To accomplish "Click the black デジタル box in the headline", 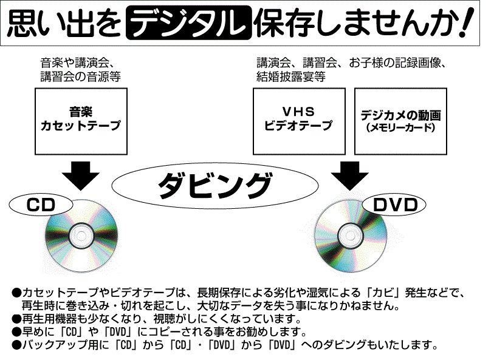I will pyautogui.click(x=188, y=24).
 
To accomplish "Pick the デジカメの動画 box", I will pyautogui.click(x=400, y=120).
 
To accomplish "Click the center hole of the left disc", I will pyautogui.click(x=80, y=233).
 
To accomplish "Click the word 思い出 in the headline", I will pyautogui.click(x=43, y=24).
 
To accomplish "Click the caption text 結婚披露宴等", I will pyautogui.click(x=290, y=77).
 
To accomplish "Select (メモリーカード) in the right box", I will pyautogui.click(x=400, y=128).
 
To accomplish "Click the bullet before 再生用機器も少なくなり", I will pyautogui.click(x=16, y=319).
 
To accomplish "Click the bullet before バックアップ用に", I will pyautogui.click(x=16, y=346).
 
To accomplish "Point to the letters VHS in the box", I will pyautogui.click(x=298, y=112).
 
